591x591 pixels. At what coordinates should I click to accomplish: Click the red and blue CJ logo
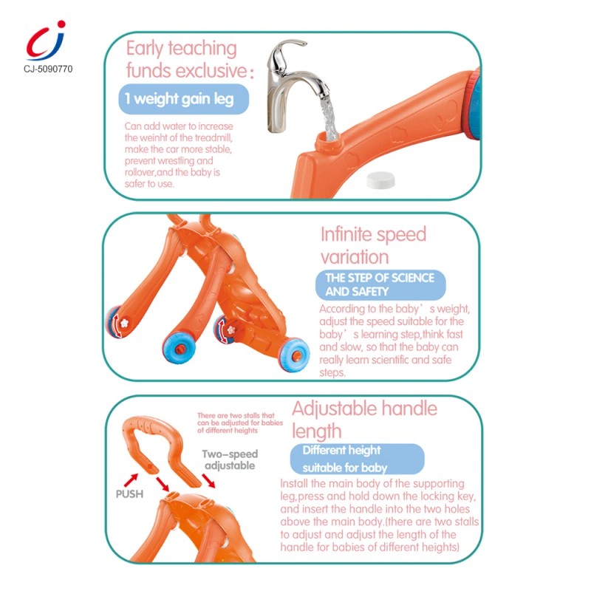46,41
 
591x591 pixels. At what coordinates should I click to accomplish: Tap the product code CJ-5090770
48,69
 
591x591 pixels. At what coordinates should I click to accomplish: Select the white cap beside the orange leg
380,180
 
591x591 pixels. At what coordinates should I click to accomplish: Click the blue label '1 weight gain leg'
183,99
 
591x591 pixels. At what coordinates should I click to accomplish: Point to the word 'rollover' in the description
140,172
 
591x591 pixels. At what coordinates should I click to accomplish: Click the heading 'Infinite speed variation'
373,245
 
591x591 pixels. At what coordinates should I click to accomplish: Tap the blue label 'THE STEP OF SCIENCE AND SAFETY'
380,284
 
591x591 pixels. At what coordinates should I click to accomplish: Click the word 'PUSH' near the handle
129,494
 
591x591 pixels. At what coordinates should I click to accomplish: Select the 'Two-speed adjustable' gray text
230,460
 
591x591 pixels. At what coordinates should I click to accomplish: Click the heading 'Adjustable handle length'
364,420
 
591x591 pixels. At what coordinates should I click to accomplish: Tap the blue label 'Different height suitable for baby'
357,459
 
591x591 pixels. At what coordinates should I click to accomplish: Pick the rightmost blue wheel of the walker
294,355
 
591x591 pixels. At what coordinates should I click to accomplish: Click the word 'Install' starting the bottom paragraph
294,484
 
